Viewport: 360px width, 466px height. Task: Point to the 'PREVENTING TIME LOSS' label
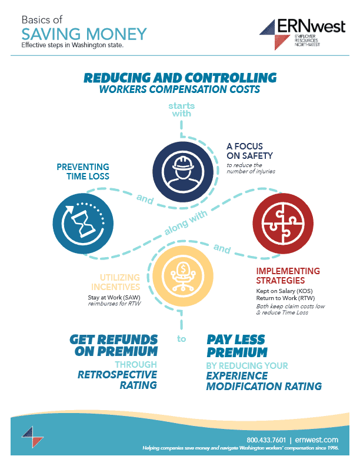pyautogui.click(x=83, y=171)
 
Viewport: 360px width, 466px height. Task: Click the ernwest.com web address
pyautogui.click(x=318, y=440)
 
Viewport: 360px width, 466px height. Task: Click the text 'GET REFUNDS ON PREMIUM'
pyautogui.click(x=114, y=345)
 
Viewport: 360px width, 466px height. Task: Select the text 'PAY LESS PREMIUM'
pyautogui.click(x=236, y=346)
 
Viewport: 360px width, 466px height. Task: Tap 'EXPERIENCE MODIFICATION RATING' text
pyautogui.click(x=264, y=380)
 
